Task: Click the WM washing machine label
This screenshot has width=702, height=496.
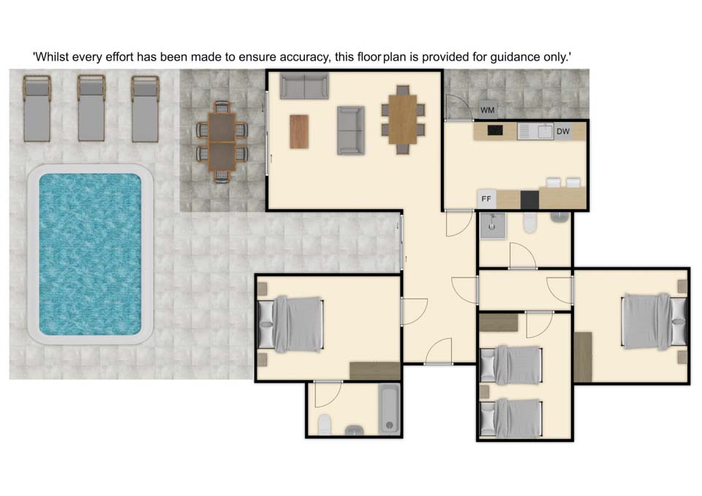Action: (487, 110)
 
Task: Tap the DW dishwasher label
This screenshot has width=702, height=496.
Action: (563, 131)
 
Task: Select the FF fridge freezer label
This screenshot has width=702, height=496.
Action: (486, 199)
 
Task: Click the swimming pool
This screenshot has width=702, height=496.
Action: (90, 254)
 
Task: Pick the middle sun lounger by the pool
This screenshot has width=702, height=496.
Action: (91, 108)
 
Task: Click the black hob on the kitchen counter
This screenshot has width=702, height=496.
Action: (495, 130)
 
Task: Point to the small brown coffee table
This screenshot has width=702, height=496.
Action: (299, 131)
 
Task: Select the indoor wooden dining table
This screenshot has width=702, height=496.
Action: (402, 119)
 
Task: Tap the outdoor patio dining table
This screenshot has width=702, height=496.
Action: (222, 142)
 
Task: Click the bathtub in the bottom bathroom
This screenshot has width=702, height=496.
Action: (389, 408)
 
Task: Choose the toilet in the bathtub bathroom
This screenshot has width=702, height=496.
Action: (325, 424)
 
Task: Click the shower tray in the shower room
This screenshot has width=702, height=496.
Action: (493, 226)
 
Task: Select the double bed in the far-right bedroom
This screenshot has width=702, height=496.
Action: (654, 321)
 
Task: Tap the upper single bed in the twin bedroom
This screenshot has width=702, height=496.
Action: (511, 365)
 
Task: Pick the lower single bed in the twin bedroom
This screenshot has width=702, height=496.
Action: (511, 418)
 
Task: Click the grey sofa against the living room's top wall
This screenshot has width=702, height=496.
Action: (304, 85)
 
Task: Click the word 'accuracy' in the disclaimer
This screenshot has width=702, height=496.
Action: (302, 57)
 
